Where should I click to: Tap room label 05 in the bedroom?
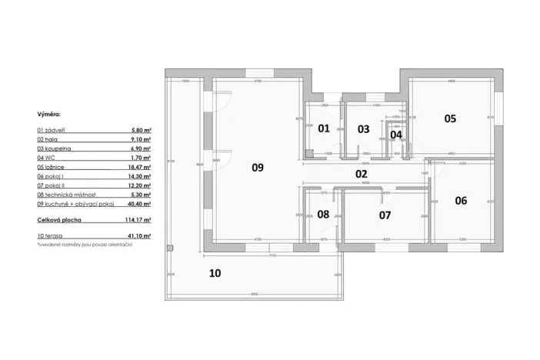point(450,118)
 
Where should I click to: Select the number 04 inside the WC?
point(396,134)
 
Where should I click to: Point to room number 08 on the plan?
point(323,214)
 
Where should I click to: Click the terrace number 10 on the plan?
point(215,272)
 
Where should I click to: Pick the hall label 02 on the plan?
point(361,175)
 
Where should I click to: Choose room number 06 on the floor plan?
point(461,200)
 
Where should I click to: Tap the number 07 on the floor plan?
point(385,215)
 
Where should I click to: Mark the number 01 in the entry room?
point(324,128)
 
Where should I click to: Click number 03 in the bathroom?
point(364,128)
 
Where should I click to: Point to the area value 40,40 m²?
point(138,205)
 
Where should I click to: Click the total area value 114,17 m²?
point(137,220)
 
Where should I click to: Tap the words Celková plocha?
point(58,220)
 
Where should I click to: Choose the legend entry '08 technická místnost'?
point(68,195)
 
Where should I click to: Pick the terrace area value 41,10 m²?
point(138,235)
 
